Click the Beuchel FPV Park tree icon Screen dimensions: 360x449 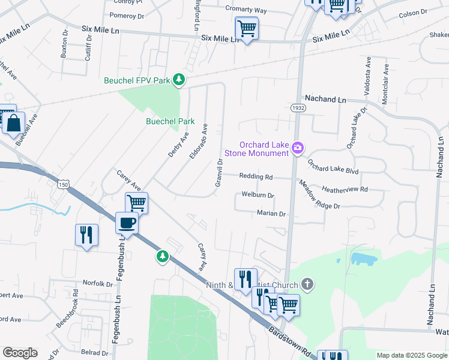click(x=178, y=79)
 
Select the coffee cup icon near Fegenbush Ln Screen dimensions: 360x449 click(x=127, y=223)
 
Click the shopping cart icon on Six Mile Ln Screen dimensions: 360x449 click(x=247, y=28)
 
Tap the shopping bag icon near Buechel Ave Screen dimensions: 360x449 click(x=13, y=124)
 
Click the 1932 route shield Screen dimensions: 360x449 click(x=297, y=108)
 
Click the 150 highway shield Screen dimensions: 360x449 click(x=64, y=184)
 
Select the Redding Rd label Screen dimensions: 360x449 click(x=256, y=176)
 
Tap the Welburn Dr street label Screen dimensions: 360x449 click(x=258, y=195)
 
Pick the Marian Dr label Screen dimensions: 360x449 click(x=270, y=213)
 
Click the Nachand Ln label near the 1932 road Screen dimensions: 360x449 click(x=326, y=98)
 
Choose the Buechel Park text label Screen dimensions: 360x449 click(x=170, y=121)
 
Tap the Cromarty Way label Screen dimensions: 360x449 click(x=246, y=10)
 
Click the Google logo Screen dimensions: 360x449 click(x=20, y=353)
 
